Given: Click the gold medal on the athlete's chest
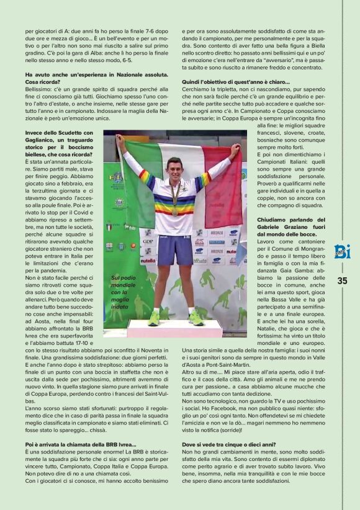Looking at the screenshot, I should coord(174,212).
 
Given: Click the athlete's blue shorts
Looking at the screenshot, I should coord(174,249).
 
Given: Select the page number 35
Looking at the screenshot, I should coord(342,280).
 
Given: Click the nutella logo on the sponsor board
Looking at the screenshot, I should coord(147,261).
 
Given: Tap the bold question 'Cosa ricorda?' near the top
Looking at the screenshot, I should coord(42,82).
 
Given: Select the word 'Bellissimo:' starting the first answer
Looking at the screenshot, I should coord(39,89).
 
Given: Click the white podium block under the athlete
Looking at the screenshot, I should coord(174,328).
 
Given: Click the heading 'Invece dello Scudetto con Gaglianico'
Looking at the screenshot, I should coord(58,137).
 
